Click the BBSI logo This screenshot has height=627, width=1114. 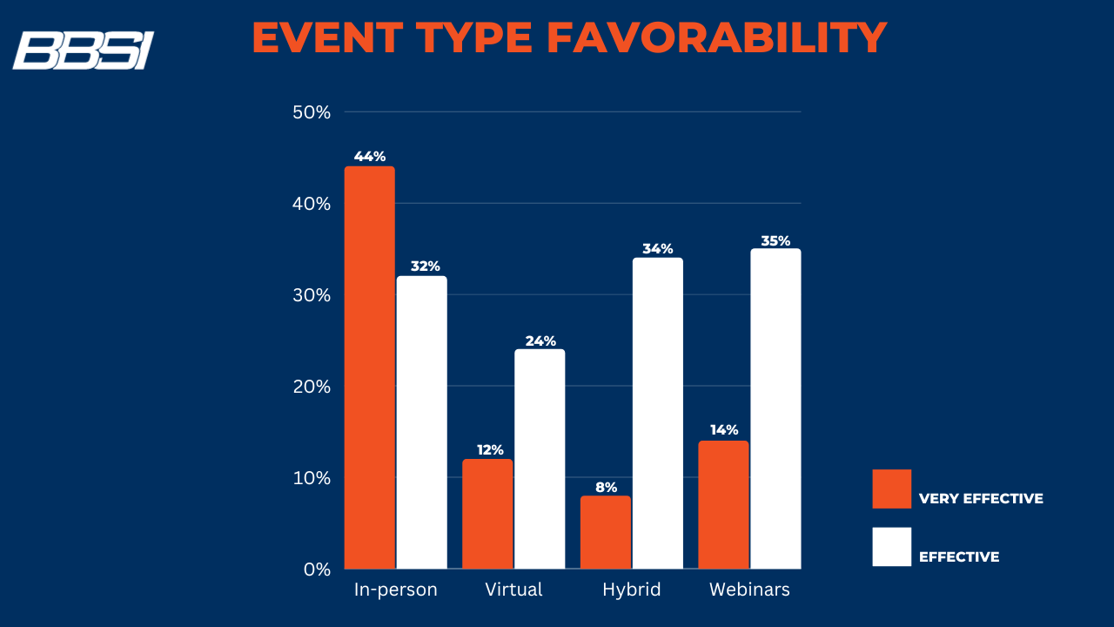[83, 51]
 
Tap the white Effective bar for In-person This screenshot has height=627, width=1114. [422, 422]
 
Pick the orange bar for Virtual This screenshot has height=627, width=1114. [487, 514]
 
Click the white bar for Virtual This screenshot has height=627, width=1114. [540, 459]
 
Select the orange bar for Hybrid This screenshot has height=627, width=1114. [606, 532]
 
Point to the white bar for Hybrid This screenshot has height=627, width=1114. [658, 413]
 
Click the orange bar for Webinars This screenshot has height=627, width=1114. [723, 504]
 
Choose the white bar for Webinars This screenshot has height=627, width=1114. [775, 408]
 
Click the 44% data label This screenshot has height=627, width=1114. [369, 157]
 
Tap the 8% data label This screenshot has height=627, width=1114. [606, 487]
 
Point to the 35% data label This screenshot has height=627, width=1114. [775, 240]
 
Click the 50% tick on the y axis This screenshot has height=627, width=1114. [312, 112]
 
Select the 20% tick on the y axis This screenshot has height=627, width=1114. [312, 387]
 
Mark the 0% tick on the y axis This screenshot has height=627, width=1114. [317, 570]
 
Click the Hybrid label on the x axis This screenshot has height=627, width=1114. [632, 590]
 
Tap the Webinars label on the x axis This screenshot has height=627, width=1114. [749, 590]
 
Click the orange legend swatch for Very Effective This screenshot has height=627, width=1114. [891, 489]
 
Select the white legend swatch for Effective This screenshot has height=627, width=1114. [891, 547]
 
